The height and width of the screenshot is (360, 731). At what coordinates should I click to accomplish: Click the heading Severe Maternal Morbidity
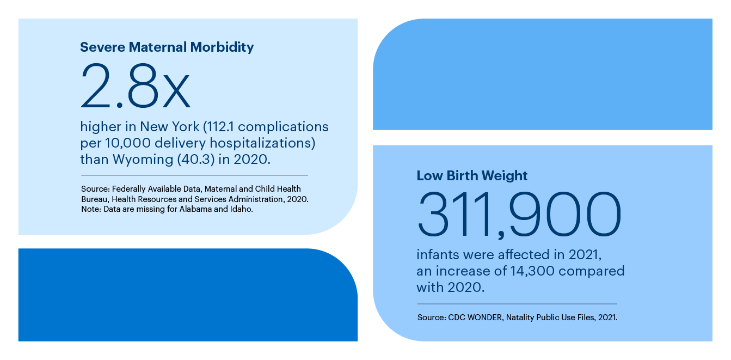coord(167,47)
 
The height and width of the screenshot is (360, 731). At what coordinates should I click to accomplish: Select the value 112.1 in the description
coord(219,127)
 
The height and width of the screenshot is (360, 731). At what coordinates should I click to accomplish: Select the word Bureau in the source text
coord(94,199)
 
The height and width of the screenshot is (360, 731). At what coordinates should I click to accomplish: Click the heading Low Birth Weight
coord(472,176)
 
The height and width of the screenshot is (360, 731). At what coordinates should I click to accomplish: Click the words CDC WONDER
coord(474,318)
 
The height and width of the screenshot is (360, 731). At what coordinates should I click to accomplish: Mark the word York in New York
coord(187,127)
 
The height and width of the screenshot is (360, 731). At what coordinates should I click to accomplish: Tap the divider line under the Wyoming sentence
coord(194,175)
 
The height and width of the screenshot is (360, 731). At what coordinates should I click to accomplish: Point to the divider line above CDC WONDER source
coord(517,304)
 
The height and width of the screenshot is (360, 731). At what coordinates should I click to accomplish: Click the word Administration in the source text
coord(259,199)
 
